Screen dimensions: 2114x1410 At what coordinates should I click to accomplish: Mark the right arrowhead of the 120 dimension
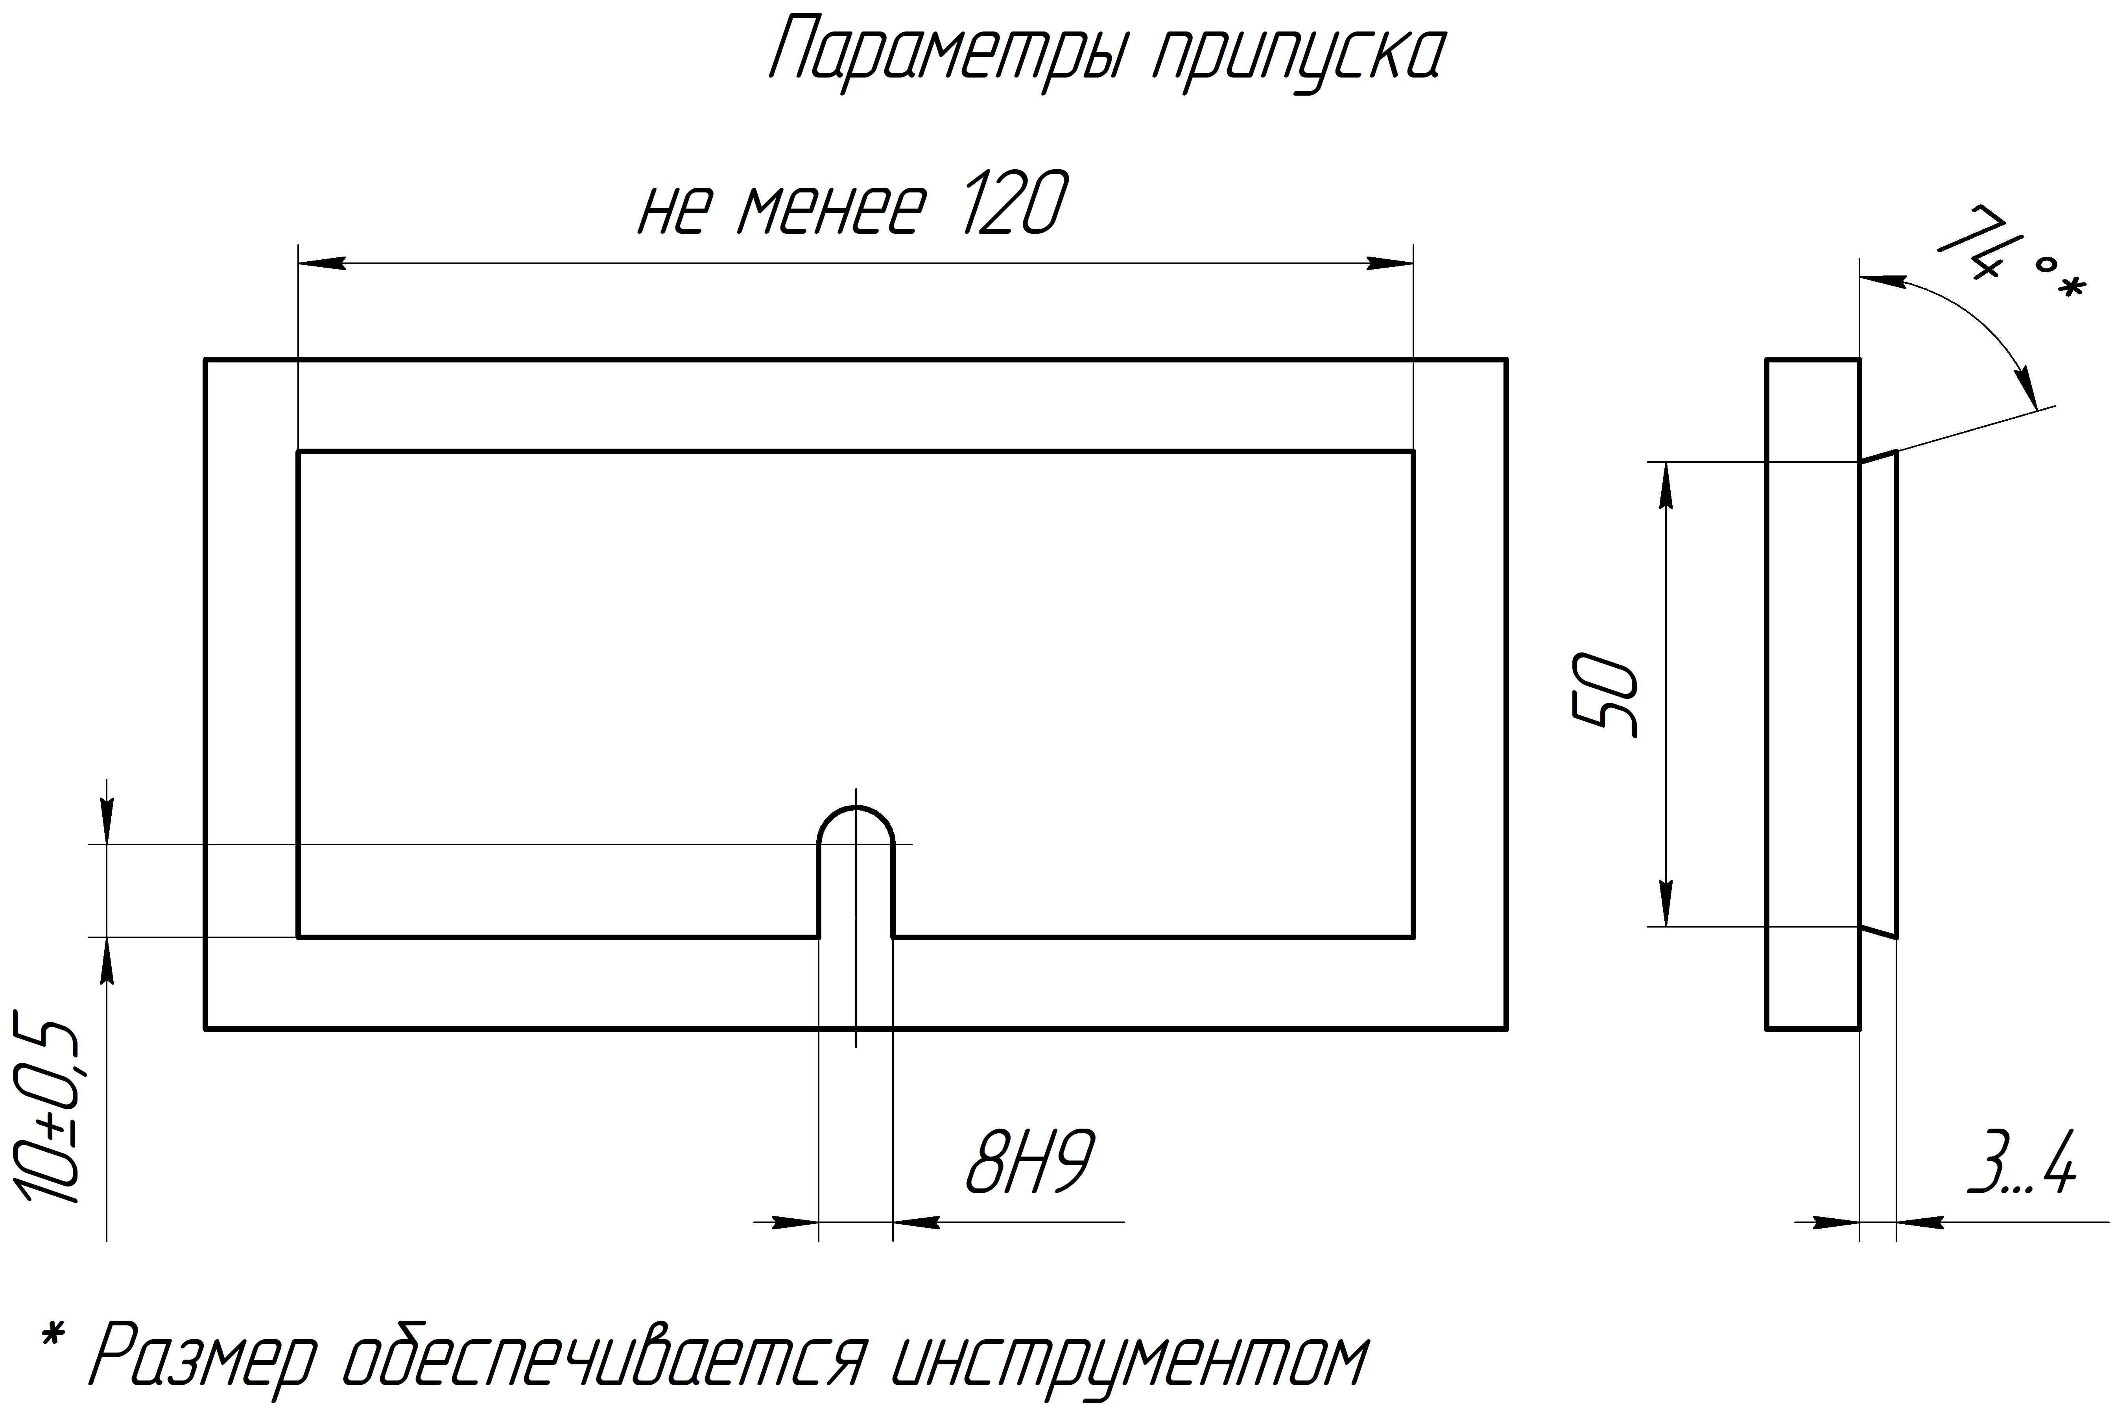coord(1389,264)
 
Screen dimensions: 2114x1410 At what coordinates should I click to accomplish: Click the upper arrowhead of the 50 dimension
coord(1666,486)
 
